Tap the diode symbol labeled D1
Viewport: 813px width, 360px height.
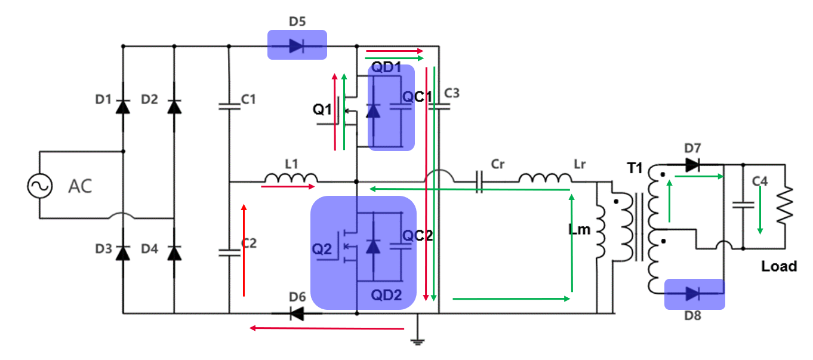coord(123,107)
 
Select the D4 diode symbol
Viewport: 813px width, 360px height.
coord(174,253)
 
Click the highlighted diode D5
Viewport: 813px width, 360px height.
coord(297,46)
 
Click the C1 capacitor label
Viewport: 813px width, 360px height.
coord(248,99)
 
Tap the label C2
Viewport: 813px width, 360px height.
coord(248,242)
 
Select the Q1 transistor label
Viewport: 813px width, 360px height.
coord(322,110)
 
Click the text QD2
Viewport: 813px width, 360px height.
coord(387,294)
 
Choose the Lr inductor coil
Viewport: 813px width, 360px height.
coord(544,178)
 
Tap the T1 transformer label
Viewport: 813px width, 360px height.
coord(635,169)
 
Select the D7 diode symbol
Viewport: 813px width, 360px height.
coord(692,165)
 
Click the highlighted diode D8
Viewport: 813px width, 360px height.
coord(693,293)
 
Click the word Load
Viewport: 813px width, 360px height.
coord(779,266)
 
